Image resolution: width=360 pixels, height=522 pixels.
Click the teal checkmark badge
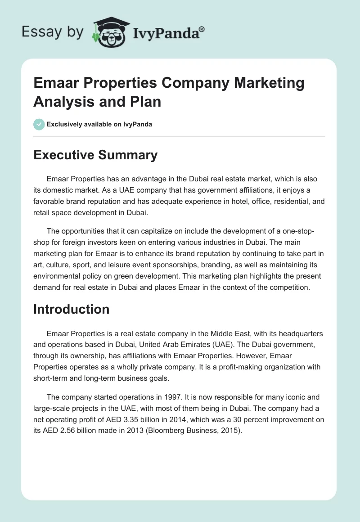pyautogui.click(x=39, y=124)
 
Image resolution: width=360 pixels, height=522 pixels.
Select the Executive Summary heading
pyautogui.click(x=95, y=155)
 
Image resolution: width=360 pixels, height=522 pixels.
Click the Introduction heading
pyautogui.click(x=72, y=309)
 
